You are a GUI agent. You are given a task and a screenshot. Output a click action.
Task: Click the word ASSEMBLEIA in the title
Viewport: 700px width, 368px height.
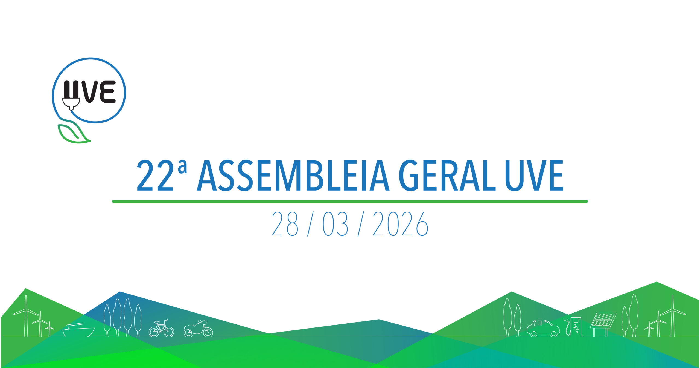pyautogui.click(x=293, y=175)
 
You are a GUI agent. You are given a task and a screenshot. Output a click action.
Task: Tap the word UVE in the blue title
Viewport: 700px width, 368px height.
pyautogui.click(x=534, y=175)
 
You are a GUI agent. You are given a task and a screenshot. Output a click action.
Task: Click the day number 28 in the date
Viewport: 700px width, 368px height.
pyautogui.click(x=285, y=224)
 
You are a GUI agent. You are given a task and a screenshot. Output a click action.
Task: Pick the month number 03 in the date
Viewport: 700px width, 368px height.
pyautogui.click(x=335, y=224)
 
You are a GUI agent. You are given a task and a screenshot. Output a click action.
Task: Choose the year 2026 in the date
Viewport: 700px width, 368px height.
pyautogui.click(x=400, y=224)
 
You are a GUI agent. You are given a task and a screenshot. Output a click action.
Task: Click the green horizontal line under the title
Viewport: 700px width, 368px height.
pyautogui.click(x=350, y=202)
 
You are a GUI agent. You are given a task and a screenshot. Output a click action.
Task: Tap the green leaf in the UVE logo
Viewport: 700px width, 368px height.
pyautogui.click(x=73, y=134)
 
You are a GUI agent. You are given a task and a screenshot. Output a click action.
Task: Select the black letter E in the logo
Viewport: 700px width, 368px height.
pyautogui.click(x=107, y=92)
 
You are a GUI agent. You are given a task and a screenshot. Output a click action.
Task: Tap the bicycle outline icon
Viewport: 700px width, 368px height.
pyautogui.click(x=161, y=329)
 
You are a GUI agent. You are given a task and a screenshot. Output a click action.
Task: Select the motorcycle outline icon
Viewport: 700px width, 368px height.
pyautogui.click(x=198, y=329)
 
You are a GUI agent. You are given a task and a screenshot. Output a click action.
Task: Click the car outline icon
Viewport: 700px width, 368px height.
pyautogui.click(x=543, y=328)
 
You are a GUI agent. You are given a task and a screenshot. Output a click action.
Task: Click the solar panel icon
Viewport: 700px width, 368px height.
pyautogui.click(x=603, y=325)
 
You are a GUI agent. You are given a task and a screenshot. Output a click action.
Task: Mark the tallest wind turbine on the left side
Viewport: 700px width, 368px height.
pyautogui.click(x=26, y=316)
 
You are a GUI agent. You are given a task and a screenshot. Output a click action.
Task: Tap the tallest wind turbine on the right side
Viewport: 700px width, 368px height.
pyautogui.click(x=673, y=316)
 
